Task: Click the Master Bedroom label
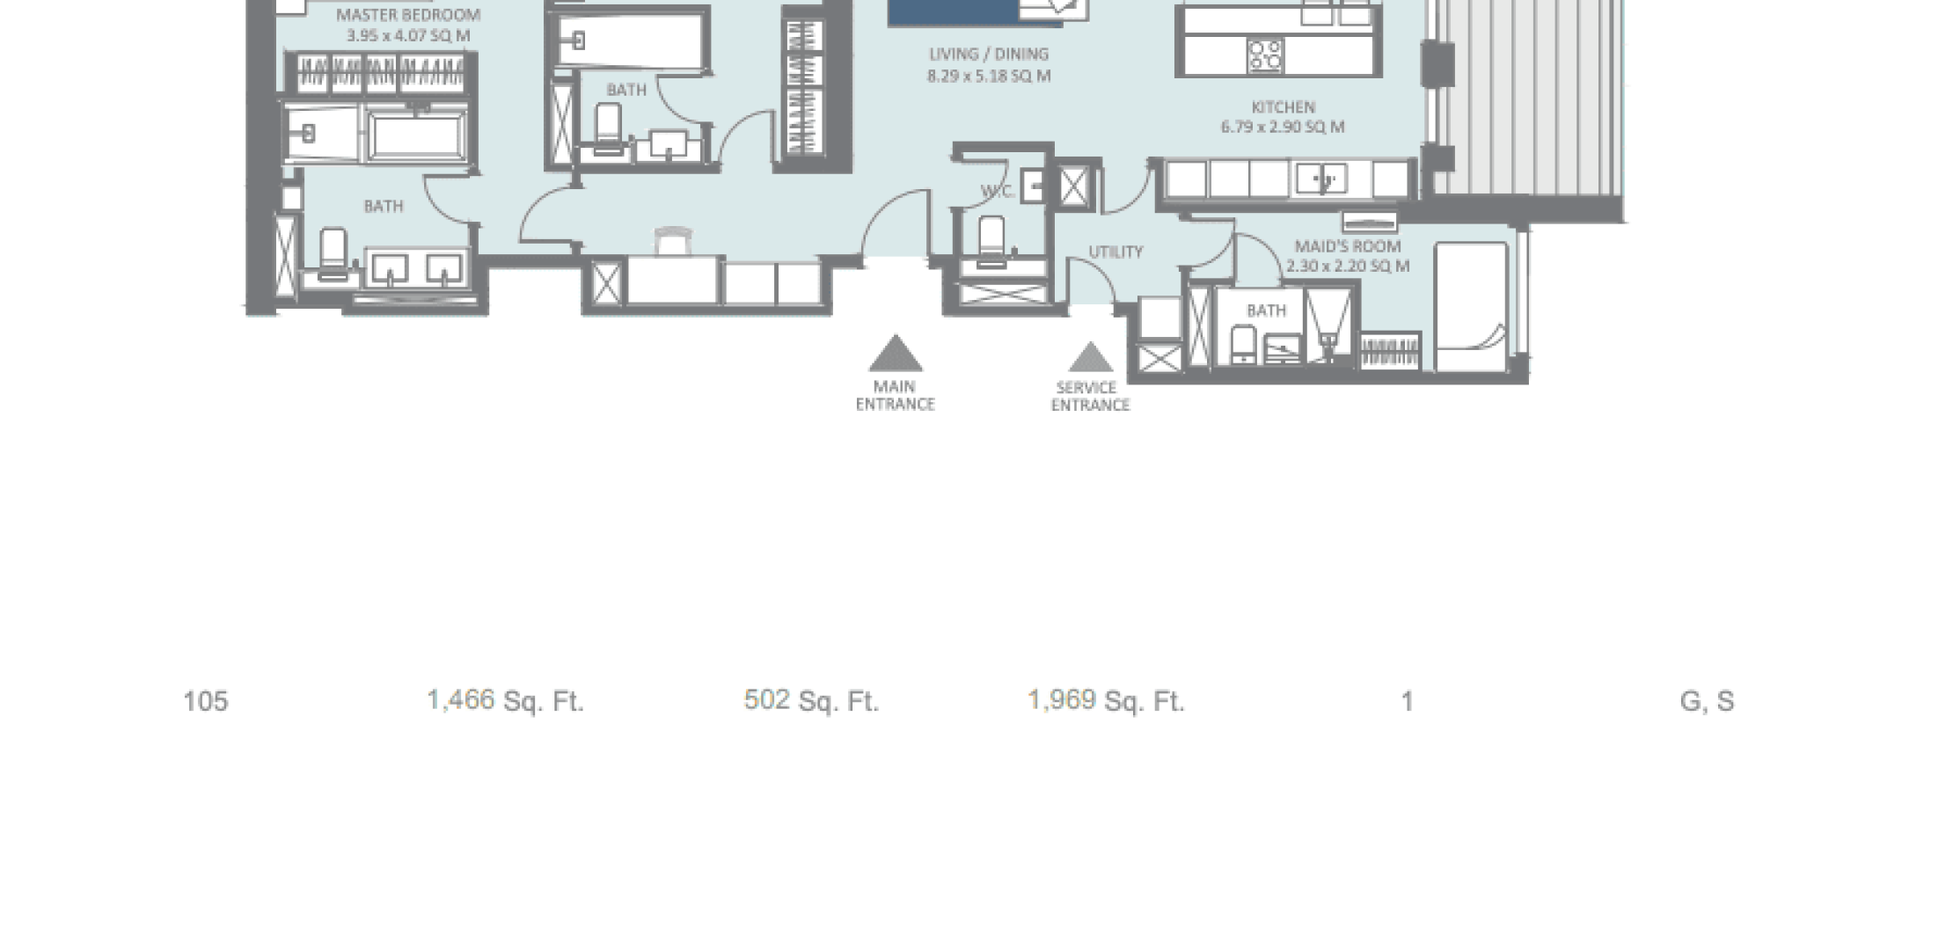(408, 15)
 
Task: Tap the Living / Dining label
(989, 55)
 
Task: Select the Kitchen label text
(1283, 107)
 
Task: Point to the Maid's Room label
(1348, 246)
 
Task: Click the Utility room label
(1115, 252)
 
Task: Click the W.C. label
(998, 192)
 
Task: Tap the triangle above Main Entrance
(896, 354)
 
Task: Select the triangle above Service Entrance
(1090, 357)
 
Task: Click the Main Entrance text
(895, 396)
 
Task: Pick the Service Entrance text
(1090, 397)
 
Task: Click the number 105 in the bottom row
(205, 702)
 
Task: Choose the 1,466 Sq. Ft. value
(505, 701)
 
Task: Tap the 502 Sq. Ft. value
(811, 701)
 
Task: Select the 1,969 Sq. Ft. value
(1106, 701)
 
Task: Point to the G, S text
(1707, 702)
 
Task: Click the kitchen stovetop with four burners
(1266, 55)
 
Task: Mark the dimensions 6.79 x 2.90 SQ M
(1283, 127)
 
